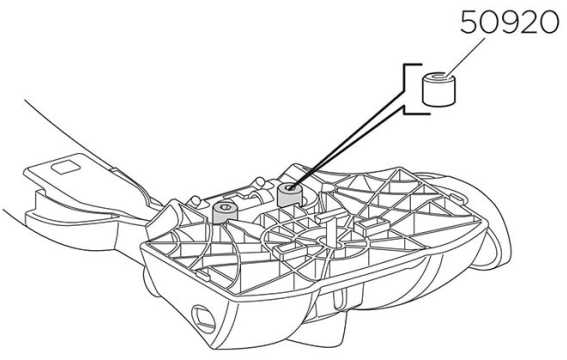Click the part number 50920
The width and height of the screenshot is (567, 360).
point(510,22)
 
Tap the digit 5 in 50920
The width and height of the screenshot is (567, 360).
point(469,22)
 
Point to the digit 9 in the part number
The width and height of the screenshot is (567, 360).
point(510,22)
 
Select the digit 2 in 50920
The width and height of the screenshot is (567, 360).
point(529,22)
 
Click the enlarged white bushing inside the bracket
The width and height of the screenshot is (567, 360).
point(439,89)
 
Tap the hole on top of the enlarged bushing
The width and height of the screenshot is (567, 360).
point(439,77)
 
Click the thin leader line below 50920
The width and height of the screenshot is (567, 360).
point(465,58)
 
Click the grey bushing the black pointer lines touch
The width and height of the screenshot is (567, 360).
point(289,195)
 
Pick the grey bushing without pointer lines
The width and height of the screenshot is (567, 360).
point(225,213)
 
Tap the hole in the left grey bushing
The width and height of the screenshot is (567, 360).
point(225,207)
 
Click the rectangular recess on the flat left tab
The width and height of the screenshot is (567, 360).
point(65,167)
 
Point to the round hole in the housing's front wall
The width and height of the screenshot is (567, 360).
point(203,319)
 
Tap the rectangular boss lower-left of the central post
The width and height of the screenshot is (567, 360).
point(288,249)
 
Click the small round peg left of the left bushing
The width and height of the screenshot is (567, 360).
point(196,201)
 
